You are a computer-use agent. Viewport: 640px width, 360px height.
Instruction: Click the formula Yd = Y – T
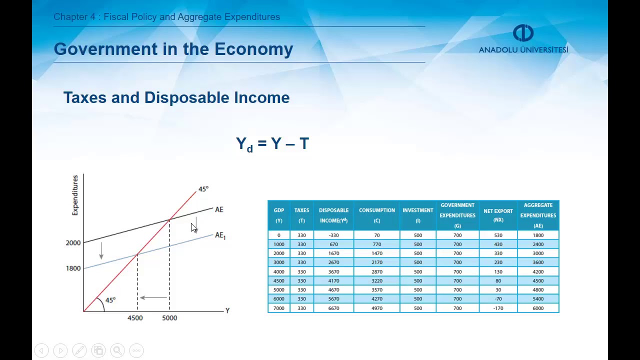(272, 144)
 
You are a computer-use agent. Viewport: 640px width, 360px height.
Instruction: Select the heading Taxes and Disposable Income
(176, 97)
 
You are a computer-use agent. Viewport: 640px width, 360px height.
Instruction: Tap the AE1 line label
(220, 235)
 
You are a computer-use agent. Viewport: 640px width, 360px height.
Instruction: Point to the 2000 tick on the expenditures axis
(73, 243)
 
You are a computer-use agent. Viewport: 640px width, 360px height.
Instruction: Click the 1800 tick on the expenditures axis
(73, 268)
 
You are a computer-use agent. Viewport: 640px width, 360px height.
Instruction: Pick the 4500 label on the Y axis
(135, 318)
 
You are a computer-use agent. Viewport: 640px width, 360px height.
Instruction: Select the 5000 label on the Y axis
(169, 318)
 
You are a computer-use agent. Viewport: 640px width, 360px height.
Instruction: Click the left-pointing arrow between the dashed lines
(153, 297)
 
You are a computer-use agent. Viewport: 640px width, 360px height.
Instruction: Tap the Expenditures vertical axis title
(75, 195)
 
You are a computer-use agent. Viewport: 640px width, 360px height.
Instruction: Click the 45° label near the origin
(110, 300)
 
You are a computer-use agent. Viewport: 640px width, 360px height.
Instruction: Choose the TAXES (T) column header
(301, 215)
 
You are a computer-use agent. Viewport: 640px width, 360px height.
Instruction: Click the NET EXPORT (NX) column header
(498, 215)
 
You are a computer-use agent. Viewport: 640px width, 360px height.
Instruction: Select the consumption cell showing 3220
(376, 281)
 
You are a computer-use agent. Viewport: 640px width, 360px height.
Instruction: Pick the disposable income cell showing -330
(333, 235)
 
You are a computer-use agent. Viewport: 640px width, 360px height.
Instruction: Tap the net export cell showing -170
(498, 308)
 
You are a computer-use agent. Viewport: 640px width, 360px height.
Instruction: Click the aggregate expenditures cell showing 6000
(538, 308)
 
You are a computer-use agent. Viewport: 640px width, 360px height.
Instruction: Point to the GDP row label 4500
(278, 281)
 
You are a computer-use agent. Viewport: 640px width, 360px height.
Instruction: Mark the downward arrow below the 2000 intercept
(101, 250)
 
